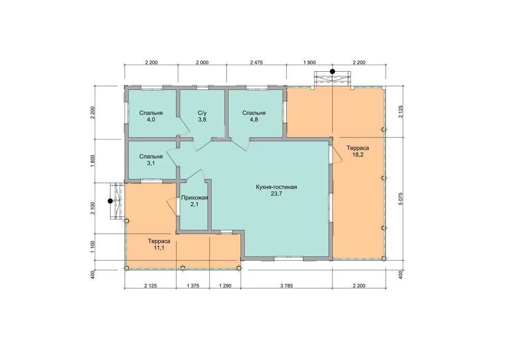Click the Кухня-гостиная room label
pyautogui.click(x=276, y=187)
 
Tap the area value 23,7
pyautogui.click(x=276, y=194)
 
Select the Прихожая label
pyautogui.click(x=194, y=198)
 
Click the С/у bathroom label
pyautogui.click(x=202, y=113)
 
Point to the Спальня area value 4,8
pyautogui.click(x=254, y=120)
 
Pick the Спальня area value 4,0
pyautogui.click(x=151, y=120)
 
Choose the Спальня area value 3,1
pyautogui.click(x=151, y=163)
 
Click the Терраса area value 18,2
pyautogui.click(x=358, y=154)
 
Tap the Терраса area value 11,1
pyautogui.click(x=159, y=248)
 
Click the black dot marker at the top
pyautogui.click(x=332, y=71)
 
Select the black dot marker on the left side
pyautogui.click(x=110, y=201)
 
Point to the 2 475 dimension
pyautogui.click(x=257, y=62)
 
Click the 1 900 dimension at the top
pyautogui.click(x=309, y=62)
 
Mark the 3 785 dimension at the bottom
pyautogui.click(x=287, y=286)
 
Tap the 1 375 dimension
pyautogui.click(x=193, y=286)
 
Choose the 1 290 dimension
pyautogui.click(x=225, y=286)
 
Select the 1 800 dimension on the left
pyautogui.click(x=93, y=161)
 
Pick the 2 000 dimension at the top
pyautogui.click(x=202, y=62)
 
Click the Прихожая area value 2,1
pyautogui.click(x=194, y=204)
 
